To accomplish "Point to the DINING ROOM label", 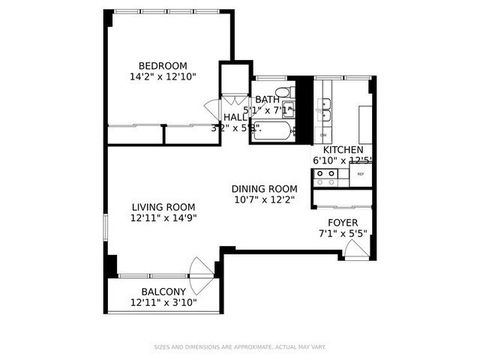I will (264, 187).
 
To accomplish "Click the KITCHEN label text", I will (342, 149).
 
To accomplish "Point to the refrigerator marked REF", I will (361, 174).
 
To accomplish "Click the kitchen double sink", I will (326, 122).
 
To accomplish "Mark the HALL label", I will (235, 117).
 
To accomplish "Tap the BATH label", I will (267, 99).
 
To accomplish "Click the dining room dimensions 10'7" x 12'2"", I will (264, 199).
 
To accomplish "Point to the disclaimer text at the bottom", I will (240, 347).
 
